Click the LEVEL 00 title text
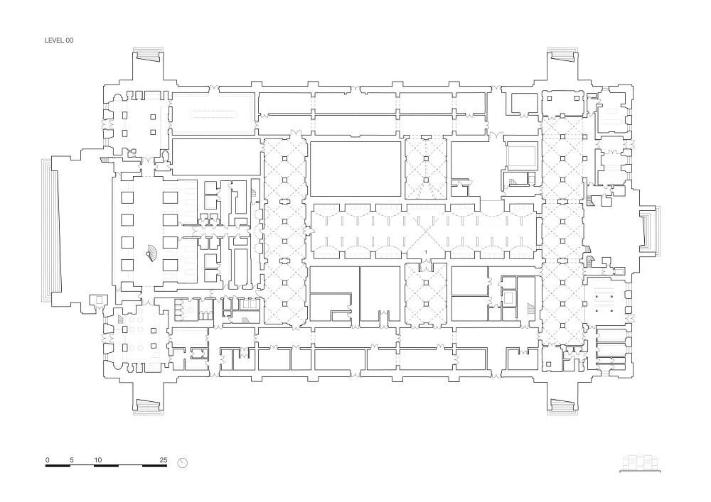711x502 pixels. click(x=59, y=41)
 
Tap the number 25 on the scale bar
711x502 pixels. click(x=164, y=460)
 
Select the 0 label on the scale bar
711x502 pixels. click(x=47, y=460)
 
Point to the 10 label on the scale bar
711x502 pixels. click(x=98, y=460)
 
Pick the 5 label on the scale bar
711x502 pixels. click(x=72, y=460)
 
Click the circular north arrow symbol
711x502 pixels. click(x=183, y=463)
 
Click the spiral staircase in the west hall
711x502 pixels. click(x=151, y=251)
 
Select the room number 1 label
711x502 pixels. click(x=425, y=252)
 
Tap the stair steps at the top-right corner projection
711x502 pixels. click(x=561, y=56)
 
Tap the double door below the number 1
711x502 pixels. click(x=425, y=266)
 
